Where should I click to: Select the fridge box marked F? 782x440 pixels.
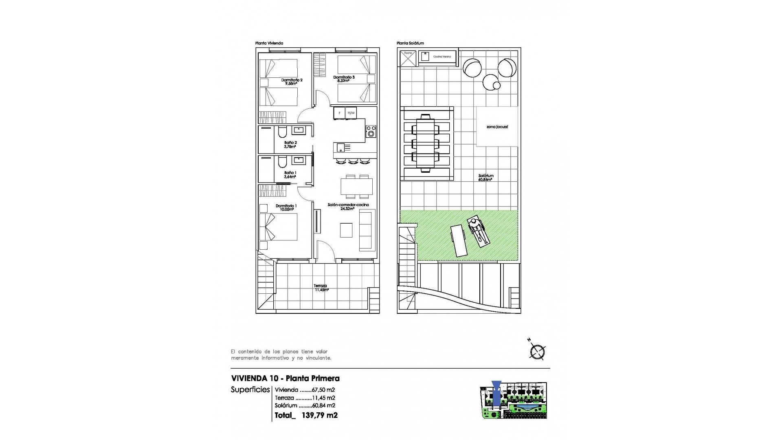click(x=339, y=113)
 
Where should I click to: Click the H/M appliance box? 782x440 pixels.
click(x=351, y=113)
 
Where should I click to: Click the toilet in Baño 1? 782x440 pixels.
click(x=281, y=163)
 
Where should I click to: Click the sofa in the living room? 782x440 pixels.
click(x=367, y=231)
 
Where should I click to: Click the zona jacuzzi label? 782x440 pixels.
click(x=497, y=127)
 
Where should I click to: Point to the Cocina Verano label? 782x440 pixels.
click(x=442, y=57)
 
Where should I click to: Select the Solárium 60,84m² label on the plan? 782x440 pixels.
click(x=485, y=176)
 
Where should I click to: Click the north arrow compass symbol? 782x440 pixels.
click(x=538, y=352)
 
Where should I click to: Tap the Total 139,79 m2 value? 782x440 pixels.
click(x=319, y=416)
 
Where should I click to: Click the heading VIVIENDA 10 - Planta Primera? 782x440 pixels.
click(x=285, y=378)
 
